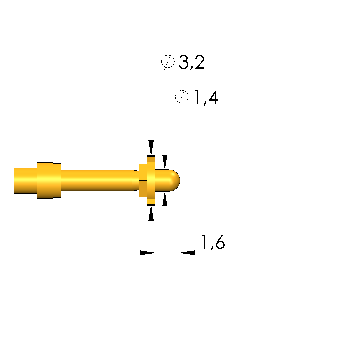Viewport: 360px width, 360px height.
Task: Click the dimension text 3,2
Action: point(192,62)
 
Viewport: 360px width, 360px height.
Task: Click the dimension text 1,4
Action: point(206,97)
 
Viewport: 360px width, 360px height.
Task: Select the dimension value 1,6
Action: point(213,242)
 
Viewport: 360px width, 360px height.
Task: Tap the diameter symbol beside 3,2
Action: point(168,61)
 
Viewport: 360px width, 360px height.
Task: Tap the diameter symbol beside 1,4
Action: point(182,96)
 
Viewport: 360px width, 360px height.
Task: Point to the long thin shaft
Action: point(96,180)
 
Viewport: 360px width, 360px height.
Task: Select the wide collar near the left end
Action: point(49,180)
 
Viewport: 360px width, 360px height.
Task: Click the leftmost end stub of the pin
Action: point(25,180)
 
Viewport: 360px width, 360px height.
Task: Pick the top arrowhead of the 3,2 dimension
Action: point(151,147)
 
